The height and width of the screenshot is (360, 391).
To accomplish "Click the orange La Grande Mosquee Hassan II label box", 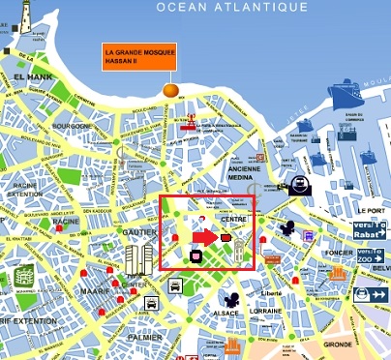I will coord(139,57).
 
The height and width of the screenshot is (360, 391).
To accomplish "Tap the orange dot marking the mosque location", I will coord(171,90).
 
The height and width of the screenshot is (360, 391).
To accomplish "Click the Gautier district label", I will coord(135,233).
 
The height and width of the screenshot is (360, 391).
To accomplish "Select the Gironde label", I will coord(338,344).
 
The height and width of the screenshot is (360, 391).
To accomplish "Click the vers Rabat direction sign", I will coord(371,229).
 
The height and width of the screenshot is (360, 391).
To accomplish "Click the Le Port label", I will coord(371,209).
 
